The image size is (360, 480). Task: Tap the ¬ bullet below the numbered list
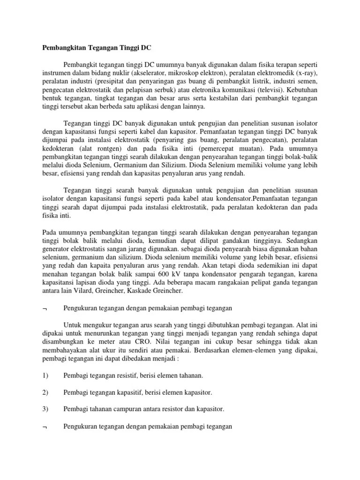coord(45,427)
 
